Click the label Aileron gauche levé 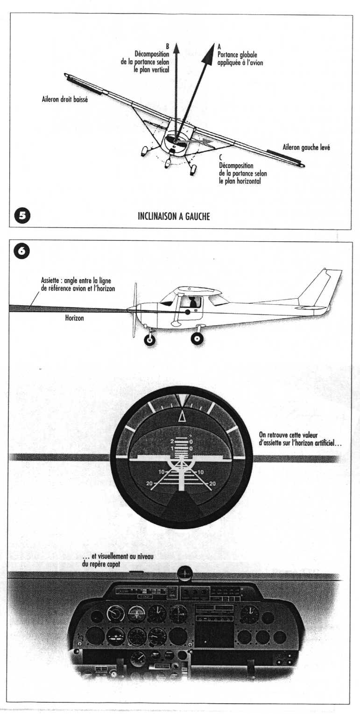tap(306, 147)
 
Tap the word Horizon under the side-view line tap(74, 319)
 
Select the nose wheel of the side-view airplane tap(150, 339)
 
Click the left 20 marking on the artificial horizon tap(149, 483)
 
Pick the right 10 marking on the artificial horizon tap(201, 472)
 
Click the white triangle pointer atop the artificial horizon tap(182, 416)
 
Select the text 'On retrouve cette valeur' tap(288, 435)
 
